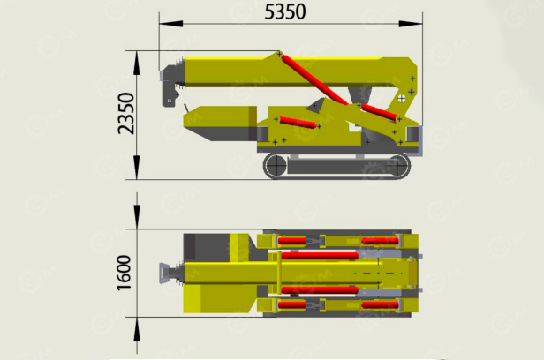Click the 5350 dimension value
[x=285, y=11]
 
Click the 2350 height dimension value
[x=125, y=113]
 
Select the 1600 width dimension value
[x=125, y=273]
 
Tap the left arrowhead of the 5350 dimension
[x=171, y=24]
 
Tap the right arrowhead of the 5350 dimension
[x=411, y=24]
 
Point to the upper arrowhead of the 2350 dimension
[x=137, y=63]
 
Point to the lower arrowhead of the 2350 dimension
[x=137, y=168]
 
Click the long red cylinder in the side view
[x=314, y=79]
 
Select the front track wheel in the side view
[x=276, y=166]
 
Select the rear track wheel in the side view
[x=397, y=166]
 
